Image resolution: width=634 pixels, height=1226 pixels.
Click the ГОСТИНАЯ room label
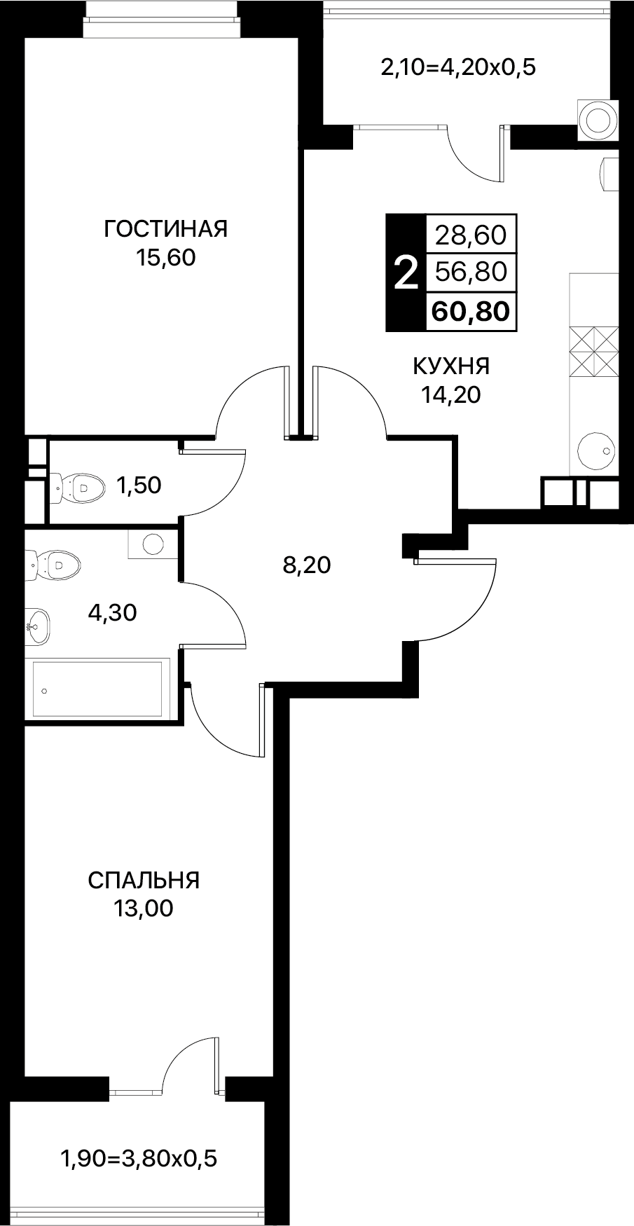coord(165,229)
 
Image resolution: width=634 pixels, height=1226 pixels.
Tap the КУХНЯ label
coord(451,366)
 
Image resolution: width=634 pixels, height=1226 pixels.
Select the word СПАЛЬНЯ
coord(144,879)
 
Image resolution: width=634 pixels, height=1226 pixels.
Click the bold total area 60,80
coord(470,310)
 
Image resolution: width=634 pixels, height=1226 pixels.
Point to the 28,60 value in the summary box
coord(470,234)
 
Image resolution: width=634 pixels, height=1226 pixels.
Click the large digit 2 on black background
coord(406,273)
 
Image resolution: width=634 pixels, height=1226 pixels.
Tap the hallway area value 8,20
coord(306,565)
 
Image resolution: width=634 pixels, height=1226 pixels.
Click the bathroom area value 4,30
coord(112,614)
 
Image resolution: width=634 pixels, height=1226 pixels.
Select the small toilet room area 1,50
coord(139,485)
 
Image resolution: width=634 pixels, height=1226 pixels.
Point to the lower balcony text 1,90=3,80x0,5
coord(140,1159)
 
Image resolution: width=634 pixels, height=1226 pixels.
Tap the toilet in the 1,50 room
coord(76,485)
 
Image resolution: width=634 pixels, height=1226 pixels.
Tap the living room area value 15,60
coord(166,258)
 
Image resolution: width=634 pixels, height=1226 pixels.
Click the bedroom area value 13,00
coord(144,909)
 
